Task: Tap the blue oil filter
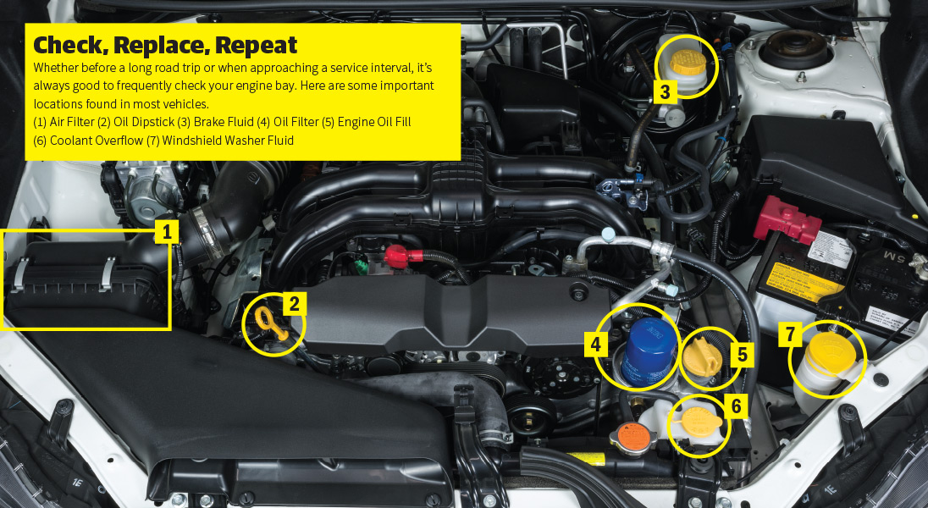coord(649,351)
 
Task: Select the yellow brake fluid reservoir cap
coord(688,61)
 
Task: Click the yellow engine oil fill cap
coord(703,356)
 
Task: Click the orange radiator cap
coord(632,437)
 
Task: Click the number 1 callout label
coord(166,231)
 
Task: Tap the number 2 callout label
coord(294,304)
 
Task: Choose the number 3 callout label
coord(666,91)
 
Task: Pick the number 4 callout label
coord(596,344)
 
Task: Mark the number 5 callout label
coord(742,354)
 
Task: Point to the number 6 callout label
coord(736,406)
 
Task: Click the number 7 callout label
coord(790,334)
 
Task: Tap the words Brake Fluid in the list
coord(224,122)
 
